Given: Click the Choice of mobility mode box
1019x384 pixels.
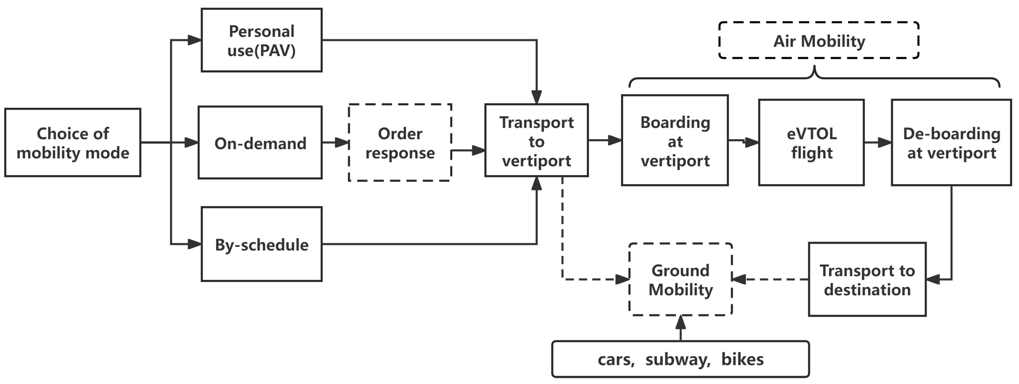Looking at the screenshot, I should click(x=73, y=142).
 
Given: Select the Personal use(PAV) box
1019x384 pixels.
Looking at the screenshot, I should click(x=261, y=40).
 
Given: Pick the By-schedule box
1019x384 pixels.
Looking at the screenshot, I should click(x=261, y=244).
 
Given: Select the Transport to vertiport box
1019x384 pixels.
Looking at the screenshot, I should click(x=536, y=141).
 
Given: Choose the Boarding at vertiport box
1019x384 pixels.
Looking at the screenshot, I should click(x=675, y=141).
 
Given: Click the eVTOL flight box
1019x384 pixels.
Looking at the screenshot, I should click(x=811, y=142).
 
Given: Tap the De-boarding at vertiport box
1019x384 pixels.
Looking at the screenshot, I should click(x=951, y=142).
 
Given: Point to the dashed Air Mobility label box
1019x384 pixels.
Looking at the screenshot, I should click(x=819, y=41).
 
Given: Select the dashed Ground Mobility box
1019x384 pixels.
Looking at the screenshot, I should click(x=680, y=279).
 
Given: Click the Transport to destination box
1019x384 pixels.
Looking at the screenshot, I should click(x=867, y=279).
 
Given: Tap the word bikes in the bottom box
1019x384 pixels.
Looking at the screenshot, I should click(x=743, y=360).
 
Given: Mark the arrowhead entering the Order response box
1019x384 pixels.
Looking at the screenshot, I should click(x=342, y=142).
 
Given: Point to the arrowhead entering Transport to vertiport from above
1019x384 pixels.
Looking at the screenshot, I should click(x=536, y=97).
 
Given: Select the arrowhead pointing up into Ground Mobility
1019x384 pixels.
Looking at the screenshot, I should click(x=680, y=322).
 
